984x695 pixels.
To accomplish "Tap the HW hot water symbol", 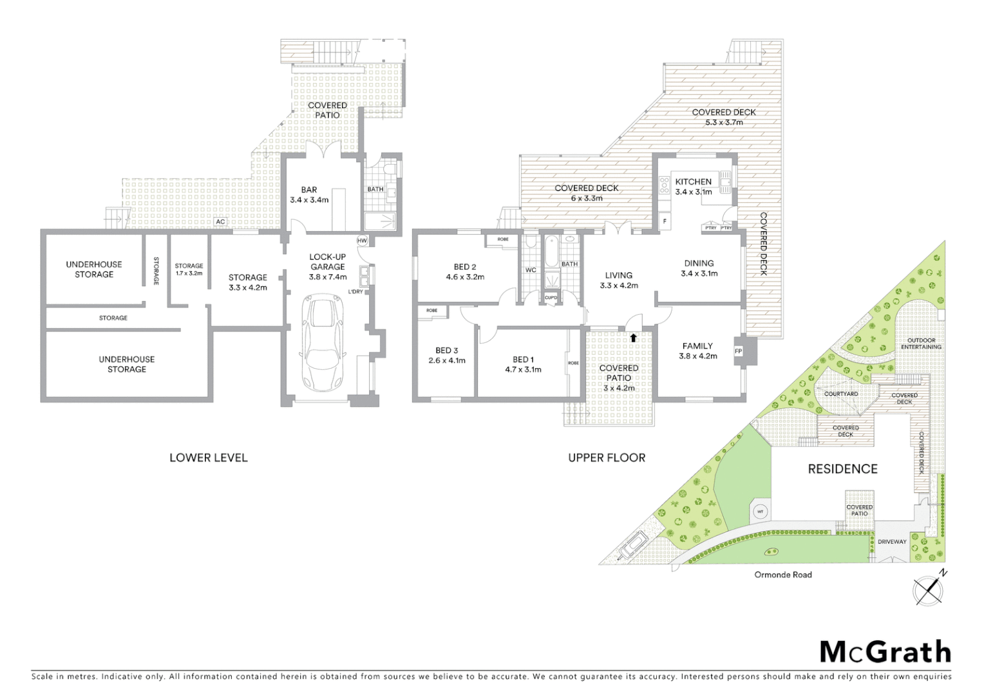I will click(x=363, y=241).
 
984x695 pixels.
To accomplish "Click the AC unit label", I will click(x=220, y=222).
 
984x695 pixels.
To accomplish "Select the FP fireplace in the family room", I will click(x=738, y=351).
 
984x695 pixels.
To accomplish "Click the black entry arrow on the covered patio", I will click(x=634, y=337).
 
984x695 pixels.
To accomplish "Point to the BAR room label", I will click(x=309, y=190).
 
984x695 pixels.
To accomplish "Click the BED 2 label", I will click(x=465, y=267).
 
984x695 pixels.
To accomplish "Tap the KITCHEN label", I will click(x=694, y=181).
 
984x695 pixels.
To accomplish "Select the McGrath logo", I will click(x=885, y=652).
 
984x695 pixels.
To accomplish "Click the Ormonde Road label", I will click(x=783, y=575).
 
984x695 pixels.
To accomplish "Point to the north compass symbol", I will click(x=929, y=589).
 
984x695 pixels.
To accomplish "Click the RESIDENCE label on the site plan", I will click(x=842, y=469).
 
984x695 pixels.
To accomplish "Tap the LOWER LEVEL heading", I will click(x=208, y=458).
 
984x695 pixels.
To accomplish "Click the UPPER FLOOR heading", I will click(x=607, y=458).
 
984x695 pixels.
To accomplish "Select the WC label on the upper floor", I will click(x=531, y=270).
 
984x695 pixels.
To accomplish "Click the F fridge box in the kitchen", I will click(x=665, y=222).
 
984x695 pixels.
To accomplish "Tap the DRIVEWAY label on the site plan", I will click(x=892, y=542).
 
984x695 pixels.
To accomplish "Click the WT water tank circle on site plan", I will click(x=760, y=512).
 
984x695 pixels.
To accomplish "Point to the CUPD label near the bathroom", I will click(x=551, y=297).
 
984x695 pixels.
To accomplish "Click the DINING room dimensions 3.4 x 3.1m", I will click(x=699, y=273).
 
